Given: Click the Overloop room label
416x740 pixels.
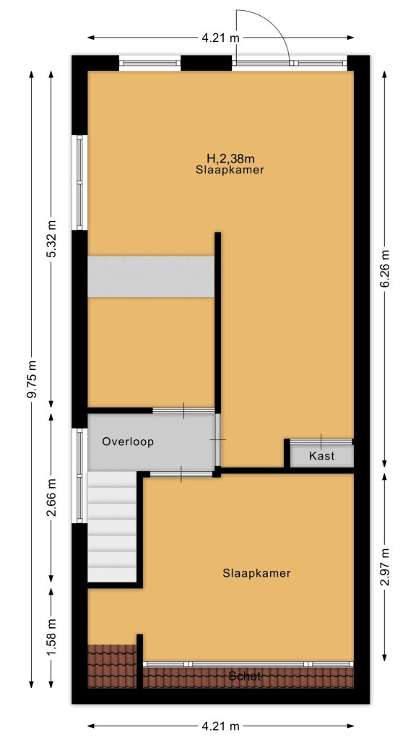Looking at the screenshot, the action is click(129, 442).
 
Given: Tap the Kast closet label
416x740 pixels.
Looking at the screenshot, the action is click(321, 456).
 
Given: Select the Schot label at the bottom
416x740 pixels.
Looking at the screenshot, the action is click(244, 676).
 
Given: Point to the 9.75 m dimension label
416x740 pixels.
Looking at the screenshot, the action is click(32, 379).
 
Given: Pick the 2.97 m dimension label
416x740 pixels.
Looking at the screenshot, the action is click(385, 567).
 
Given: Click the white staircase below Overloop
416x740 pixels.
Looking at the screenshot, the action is click(112, 527).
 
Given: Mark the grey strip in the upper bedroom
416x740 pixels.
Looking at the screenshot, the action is click(151, 277).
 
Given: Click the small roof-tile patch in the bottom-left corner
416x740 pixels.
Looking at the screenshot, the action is click(112, 666).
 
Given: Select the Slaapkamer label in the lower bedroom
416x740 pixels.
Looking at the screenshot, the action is click(256, 573).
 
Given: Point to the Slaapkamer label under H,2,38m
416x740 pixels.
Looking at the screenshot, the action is click(230, 171).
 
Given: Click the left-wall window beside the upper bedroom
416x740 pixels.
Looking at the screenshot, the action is click(79, 182).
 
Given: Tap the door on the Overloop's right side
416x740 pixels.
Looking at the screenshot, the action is click(218, 440).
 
